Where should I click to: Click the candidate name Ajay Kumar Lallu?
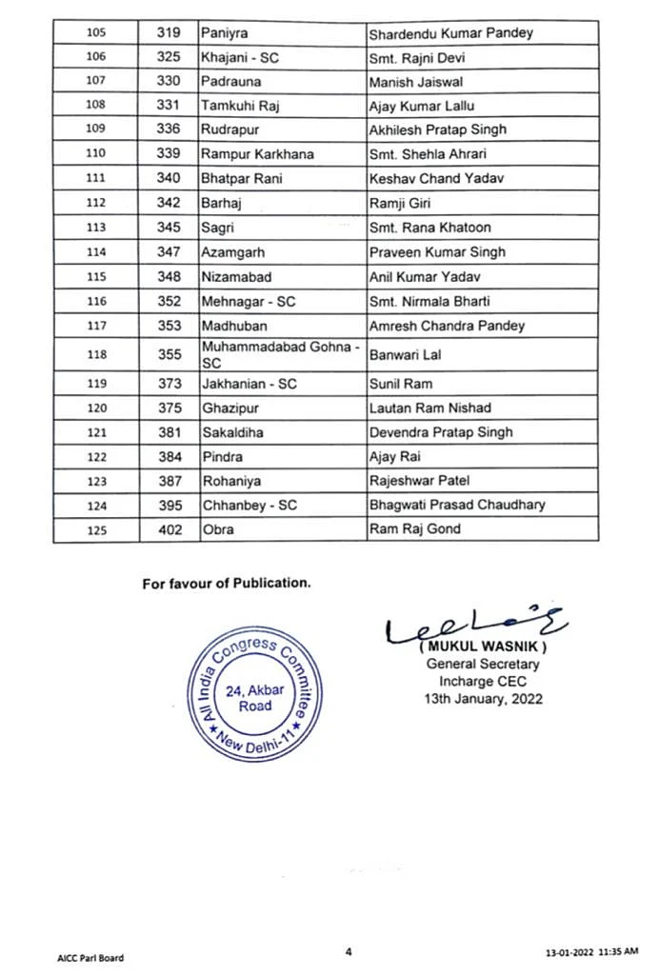[421, 106]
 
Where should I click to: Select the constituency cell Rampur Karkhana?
[257, 154]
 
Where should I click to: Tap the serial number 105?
[96, 33]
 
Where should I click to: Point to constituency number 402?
[170, 529]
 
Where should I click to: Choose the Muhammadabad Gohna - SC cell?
[280, 355]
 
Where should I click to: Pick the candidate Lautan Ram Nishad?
[429, 408]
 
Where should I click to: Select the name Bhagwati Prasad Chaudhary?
[457, 505]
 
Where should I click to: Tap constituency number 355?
[170, 355]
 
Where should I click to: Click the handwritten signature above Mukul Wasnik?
[476, 626]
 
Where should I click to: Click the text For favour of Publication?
[226, 584]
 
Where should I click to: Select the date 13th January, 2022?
[483, 698]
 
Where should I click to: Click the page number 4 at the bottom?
[349, 950]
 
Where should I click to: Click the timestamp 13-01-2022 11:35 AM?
[592, 953]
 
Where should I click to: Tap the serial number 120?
[96, 408]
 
